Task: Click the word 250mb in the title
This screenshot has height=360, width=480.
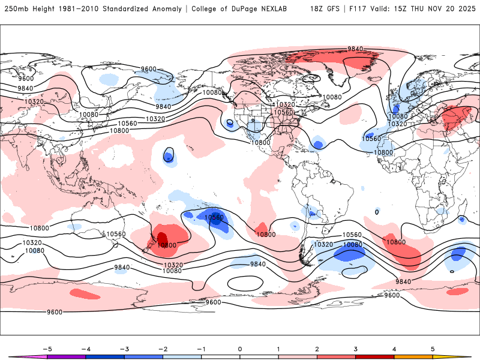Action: click(16, 9)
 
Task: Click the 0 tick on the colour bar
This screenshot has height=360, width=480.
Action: click(239, 348)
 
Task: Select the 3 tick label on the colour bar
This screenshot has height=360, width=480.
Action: click(355, 348)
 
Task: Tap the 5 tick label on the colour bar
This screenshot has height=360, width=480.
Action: click(433, 348)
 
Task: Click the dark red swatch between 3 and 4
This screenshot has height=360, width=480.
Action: click(374, 356)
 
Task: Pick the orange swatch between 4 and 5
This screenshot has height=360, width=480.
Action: click(413, 356)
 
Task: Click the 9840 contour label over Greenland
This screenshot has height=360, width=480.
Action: click(356, 49)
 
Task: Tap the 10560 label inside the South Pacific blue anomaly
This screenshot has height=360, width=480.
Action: click(214, 217)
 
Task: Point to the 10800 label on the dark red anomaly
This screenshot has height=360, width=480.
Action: click(166, 245)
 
